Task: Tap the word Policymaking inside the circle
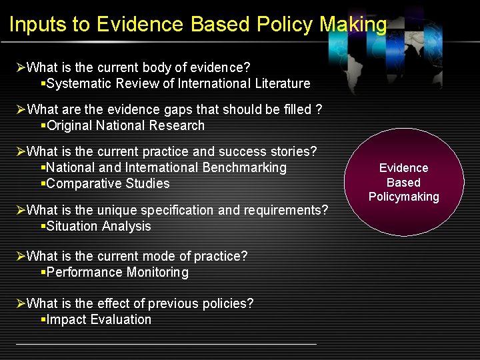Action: click(x=404, y=197)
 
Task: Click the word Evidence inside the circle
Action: click(x=404, y=168)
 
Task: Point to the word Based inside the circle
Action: click(x=404, y=182)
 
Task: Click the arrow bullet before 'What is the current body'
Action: click(x=21, y=67)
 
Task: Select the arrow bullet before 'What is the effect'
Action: click(x=21, y=303)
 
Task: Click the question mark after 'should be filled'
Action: click(x=319, y=109)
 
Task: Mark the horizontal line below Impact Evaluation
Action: click(x=166, y=344)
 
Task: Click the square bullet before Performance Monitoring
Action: click(x=43, y=272)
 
